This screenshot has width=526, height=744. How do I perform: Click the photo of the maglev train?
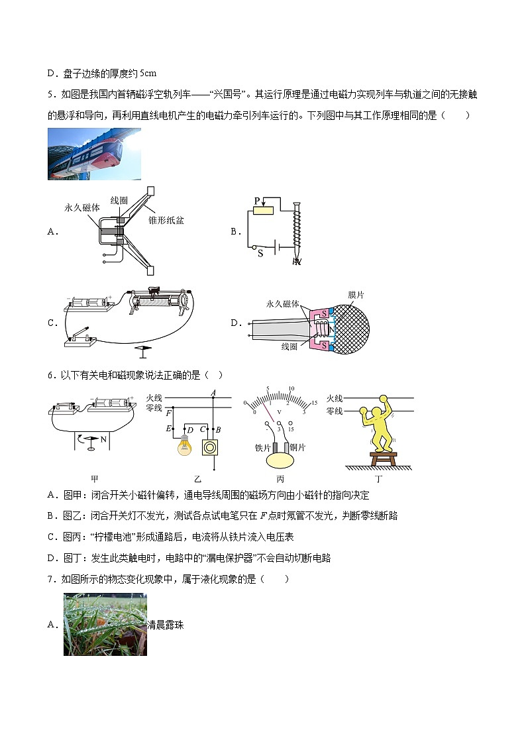[x=94, y=154]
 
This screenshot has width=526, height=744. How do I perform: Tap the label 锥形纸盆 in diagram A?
[x=166, y=221]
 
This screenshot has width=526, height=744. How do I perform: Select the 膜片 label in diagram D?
[x=356, y=293]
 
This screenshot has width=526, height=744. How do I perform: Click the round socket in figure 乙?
[x=211, y=447]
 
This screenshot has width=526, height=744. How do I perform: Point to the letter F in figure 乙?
[x=168, y=413]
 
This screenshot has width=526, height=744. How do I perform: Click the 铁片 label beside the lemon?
[x=264, y=447]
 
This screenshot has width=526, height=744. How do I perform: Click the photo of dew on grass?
[x=105, y=624]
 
